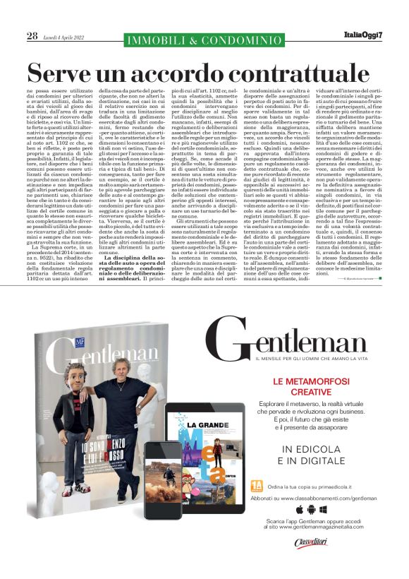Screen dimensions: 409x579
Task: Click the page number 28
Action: pos(32,36)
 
